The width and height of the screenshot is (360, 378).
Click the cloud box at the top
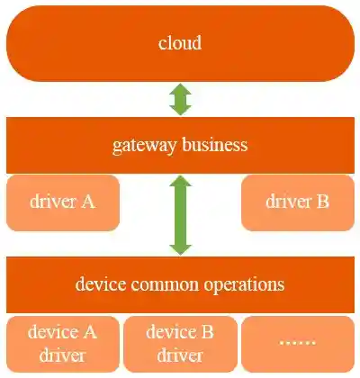click(x=180, y=43)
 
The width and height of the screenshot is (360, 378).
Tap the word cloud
click(x=180, y=43)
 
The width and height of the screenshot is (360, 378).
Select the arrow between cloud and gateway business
click(x=181, y=99)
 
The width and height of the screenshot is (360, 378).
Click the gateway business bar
click(x=180, y=144)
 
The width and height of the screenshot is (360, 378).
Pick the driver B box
click(x=297, y=202)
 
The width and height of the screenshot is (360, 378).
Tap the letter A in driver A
click(x=88, y=202)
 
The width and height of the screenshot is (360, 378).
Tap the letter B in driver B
click(x=322, y=202)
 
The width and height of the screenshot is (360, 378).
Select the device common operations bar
click(x=180, y=284)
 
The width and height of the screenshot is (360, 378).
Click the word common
click(x=169, y=284)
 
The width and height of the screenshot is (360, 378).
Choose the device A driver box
click(x=62, y=343)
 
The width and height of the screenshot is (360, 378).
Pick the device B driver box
click(x=180, y=343)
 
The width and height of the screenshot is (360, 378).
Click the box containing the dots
click(x=297, y=343)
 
